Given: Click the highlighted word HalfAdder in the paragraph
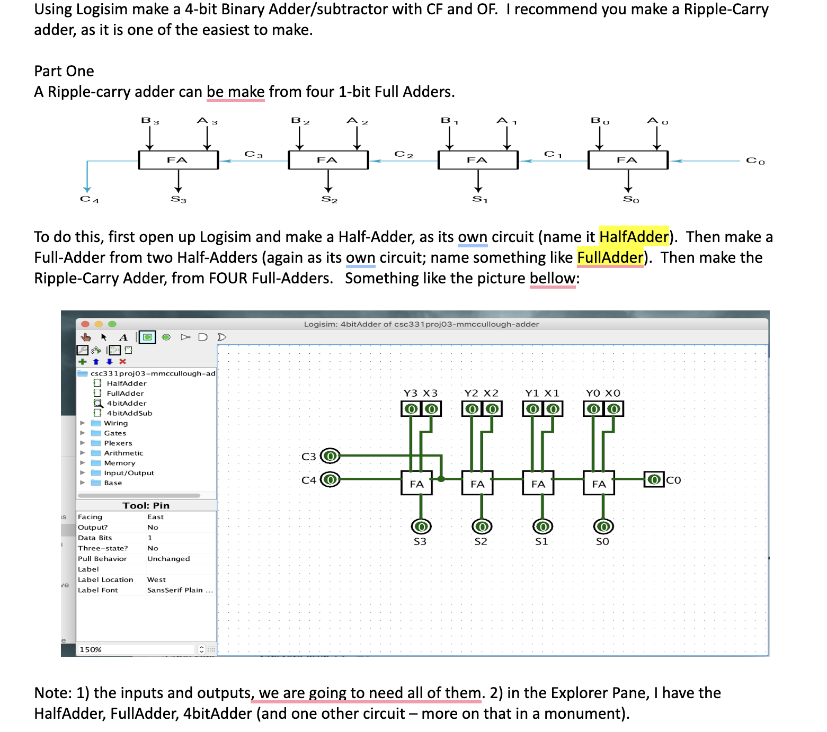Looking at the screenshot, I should coord(634,237).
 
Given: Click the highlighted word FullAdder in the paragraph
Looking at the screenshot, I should coord(610,257).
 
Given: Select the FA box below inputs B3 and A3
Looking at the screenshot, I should coord(178,160).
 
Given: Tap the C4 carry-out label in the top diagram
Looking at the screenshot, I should coord(89,199).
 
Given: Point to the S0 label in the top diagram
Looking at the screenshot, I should coord(630,199).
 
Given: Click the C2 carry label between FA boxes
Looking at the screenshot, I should coord(403,154).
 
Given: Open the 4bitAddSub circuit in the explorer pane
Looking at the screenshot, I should coord(129,413).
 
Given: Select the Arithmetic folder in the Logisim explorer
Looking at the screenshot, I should coord(123,453).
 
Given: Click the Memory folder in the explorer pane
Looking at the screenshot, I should coord(119,463).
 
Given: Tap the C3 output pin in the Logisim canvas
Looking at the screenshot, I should coord(331,456).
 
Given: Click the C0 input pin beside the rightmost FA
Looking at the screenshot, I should coord(654,479).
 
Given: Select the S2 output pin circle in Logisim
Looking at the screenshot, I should coord(482,526).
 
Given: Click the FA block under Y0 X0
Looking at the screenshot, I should coord(599,484).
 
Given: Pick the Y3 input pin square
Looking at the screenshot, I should coord(411,409).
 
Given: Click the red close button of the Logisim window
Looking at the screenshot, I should coord(85,324).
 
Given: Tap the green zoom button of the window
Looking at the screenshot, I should coord(112,324).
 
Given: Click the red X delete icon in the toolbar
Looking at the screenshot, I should coord(123,362).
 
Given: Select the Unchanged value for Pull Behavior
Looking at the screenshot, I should coord(168,559).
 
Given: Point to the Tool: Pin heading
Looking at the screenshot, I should coord(146,505).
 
